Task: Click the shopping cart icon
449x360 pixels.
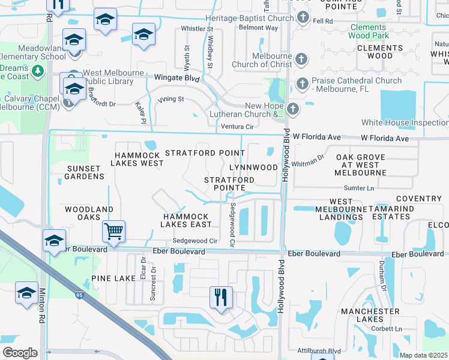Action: point(113,230)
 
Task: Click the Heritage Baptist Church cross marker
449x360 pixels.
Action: point(304,17)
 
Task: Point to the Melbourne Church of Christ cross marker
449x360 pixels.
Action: point(301,59)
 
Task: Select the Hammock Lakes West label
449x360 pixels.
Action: point(139,158)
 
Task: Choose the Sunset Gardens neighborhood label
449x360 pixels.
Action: point(85,172)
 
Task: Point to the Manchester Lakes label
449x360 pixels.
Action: point(370,316)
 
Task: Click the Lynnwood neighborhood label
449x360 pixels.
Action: point(253,167)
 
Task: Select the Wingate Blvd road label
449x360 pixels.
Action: point(176,78)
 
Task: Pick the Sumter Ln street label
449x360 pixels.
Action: point(360,188)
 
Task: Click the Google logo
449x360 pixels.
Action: point(20,353)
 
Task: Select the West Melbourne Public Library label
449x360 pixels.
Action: point(113,77)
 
